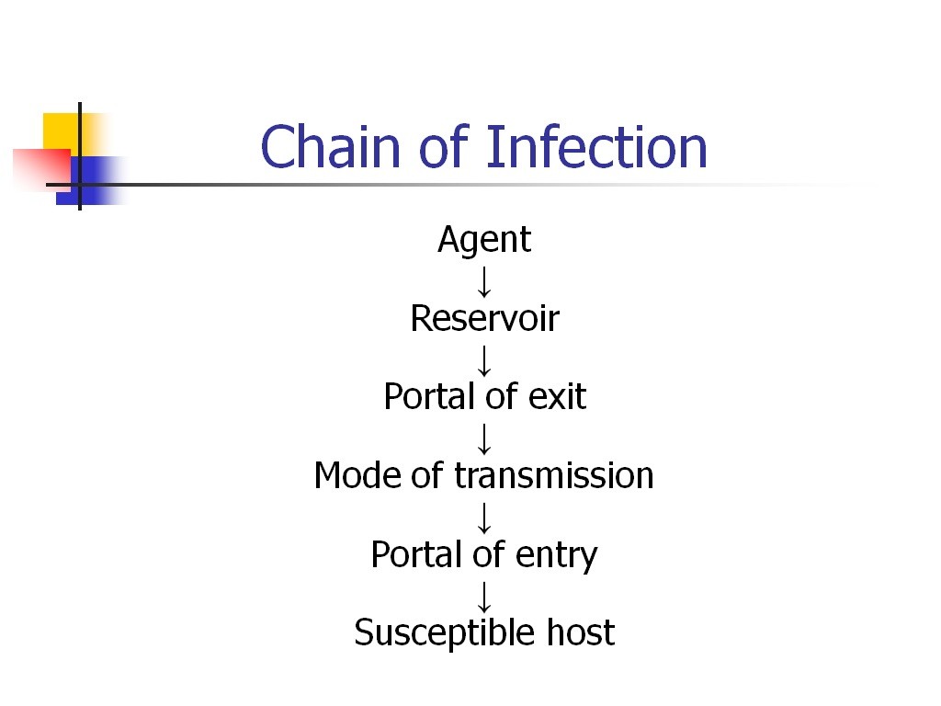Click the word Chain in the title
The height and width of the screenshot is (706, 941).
330,146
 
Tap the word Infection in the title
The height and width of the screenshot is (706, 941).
596,146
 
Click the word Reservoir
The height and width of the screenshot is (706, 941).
485,318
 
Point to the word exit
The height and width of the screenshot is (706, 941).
558,396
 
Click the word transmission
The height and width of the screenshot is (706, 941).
554,475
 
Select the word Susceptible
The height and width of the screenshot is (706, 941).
444,633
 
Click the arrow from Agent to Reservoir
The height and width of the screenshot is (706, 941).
484,282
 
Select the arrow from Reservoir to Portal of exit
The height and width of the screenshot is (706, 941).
484,360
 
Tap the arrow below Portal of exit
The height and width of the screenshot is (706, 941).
484,438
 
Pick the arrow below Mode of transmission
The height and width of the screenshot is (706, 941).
484,518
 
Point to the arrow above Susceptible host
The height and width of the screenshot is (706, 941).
484,598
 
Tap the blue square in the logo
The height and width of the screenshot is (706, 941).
90,181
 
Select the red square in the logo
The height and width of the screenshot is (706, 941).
42,169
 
